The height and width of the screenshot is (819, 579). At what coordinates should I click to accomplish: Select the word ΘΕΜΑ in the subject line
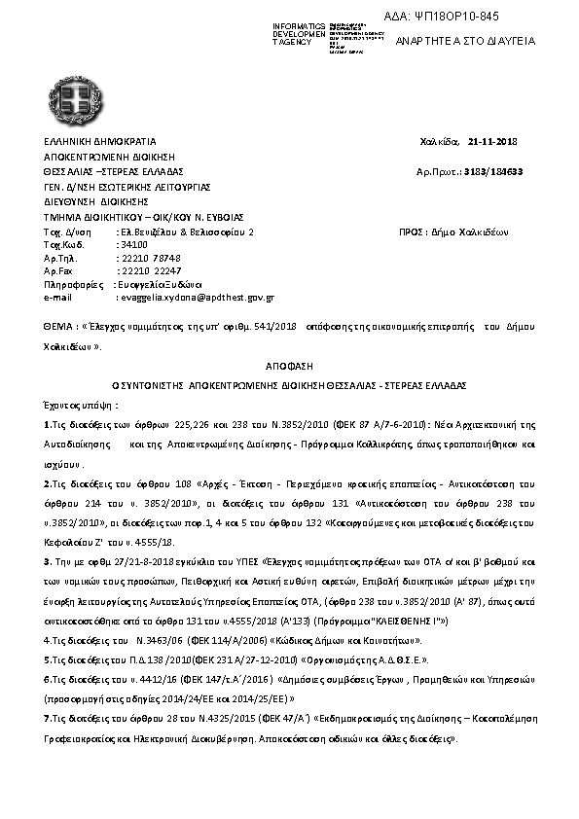57,330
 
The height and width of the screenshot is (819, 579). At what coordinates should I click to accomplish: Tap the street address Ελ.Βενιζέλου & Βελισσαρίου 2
185,232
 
